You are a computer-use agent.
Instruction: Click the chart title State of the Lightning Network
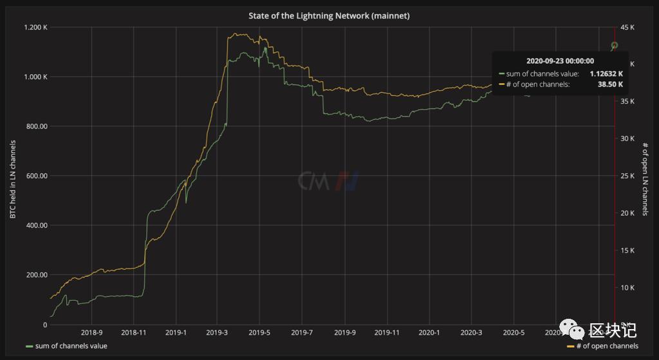tap(329, 15)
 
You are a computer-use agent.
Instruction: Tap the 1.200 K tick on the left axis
tap(36, 28)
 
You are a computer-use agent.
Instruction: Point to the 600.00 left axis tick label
tap(37, 176)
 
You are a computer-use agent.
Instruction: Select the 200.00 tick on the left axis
tap(37, 275)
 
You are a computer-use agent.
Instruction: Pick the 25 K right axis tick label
tap(626, 176)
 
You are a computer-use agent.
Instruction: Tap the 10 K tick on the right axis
tap(626, 288)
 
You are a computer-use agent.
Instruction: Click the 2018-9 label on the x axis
tap(91, 333)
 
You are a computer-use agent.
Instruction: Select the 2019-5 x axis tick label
tap(260, 333)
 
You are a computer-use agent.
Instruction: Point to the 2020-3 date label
tap(471, 333)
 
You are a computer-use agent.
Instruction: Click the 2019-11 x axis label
tap(387, 333)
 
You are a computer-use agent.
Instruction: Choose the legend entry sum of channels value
tap(66, 346)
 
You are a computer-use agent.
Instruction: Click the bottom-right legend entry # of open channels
tap(603, 346)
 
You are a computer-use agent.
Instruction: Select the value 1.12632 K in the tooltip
tap(606, 74)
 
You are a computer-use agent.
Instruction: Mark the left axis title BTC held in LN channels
tap(13, 176)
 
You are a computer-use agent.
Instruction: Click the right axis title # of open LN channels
tap(645, 178)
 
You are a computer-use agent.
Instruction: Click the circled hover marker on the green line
tap(614, 45)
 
